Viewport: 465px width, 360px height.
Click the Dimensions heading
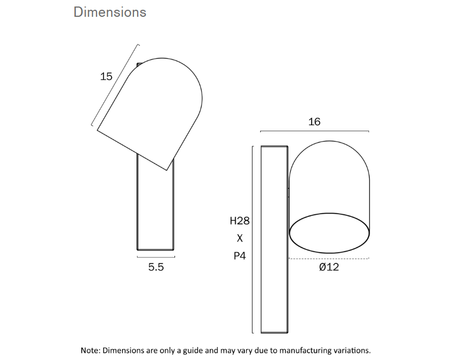[x=110, y=12]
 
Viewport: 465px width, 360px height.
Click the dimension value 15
[x=106, y=76]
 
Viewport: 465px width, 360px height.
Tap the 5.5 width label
[x=156, y=267]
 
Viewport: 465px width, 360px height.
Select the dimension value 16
[x=314, y=122]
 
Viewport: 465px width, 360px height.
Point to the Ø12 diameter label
[x=329, y=267]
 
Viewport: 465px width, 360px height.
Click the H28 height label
[x=240, y=221]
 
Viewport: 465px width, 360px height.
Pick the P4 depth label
[x=240, y=255]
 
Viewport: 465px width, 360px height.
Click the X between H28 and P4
[x=240, y=238]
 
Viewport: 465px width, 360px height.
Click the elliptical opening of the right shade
[x=330, y=233]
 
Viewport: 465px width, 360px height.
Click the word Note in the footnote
[x=90, y=350]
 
